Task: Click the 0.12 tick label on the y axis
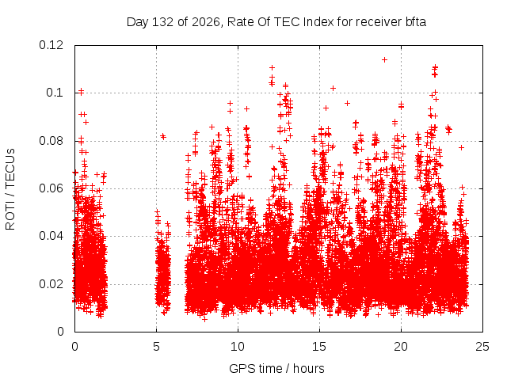51,45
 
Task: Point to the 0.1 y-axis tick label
55,93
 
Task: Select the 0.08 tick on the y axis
51,141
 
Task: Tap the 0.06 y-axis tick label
51,188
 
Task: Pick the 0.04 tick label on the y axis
51,236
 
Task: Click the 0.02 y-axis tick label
51,284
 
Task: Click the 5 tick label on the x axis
157,347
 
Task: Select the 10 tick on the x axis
238,347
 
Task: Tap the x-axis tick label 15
319,347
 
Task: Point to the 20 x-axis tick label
401,347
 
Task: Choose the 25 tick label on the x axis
482,347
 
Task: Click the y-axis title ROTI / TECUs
10,189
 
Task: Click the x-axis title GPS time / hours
276,368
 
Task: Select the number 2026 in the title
207,22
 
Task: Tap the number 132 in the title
163,22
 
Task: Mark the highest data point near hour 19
384,60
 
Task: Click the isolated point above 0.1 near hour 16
333,88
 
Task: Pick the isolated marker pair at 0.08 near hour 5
163,136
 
